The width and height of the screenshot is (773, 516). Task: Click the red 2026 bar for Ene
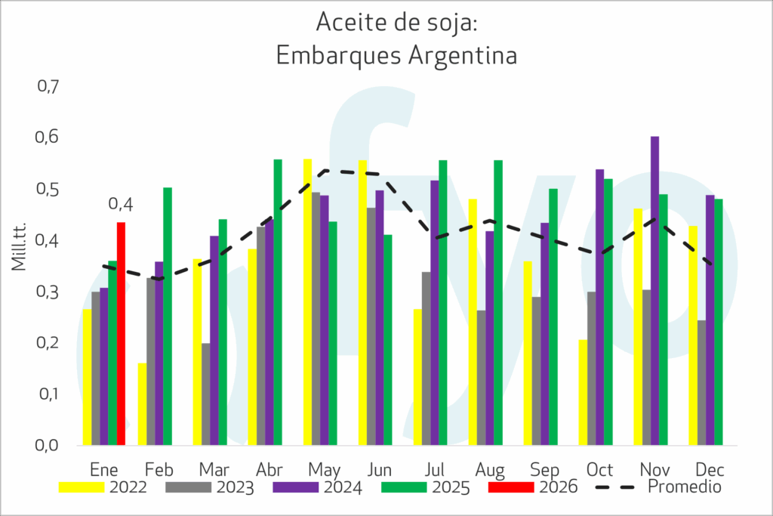(121, 333)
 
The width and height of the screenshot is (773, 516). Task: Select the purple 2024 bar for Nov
(655, 291)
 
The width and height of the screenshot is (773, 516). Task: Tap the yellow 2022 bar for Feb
(142, 404)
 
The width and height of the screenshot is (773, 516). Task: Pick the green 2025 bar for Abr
(278, 302)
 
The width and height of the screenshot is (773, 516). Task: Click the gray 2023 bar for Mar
(206, 394)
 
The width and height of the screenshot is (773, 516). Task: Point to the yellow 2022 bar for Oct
(583, 392)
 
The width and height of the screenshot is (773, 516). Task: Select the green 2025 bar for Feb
(168, 317)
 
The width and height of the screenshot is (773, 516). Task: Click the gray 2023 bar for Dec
(702, 382)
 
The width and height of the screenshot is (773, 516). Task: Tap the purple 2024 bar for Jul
(434, 313)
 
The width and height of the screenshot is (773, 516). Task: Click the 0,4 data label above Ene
(121, 204)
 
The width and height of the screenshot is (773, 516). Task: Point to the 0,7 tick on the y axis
(48, 86)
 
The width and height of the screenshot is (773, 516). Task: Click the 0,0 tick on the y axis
(48, 445)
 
